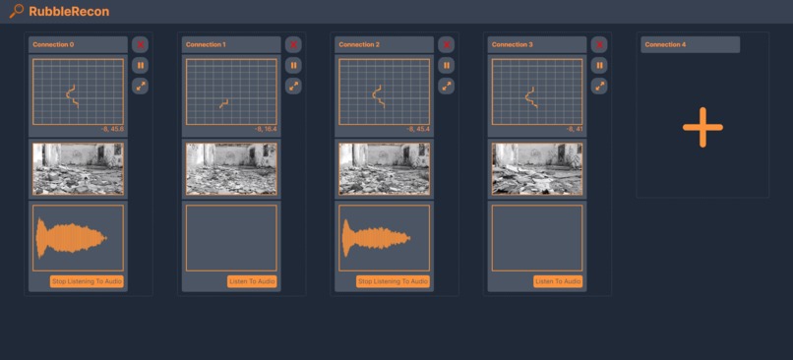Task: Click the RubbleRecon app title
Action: pyautogui.click(x=70, y=12)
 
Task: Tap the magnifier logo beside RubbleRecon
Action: pyautogui.click(x=16, y=12)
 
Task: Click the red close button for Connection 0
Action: pyautogui.click(x=141, y=44)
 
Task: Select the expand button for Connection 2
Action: pyautogui.click(x=447, y=86)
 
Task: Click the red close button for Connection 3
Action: pyautogui.click(x=599, y=44)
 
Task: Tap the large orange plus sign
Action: pyautogui.click(x=702, y=127)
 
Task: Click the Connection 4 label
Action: pyautogui.click(x=666, y=44)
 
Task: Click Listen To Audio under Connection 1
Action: pyautogui.click(x=252, y=281)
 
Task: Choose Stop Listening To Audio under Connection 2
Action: pyautogui.click(x=393, y=281)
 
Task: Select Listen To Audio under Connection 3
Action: pyautogui.click(x=558, y=281)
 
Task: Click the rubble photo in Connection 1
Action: pyautogui.click(x=231, y=168)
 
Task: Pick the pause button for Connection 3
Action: pyautogui.click(x=599, y=65)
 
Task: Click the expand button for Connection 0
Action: pyautogui.click(x=141, y=86)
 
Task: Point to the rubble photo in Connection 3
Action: pyautogui.click(x=537, y=168)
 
